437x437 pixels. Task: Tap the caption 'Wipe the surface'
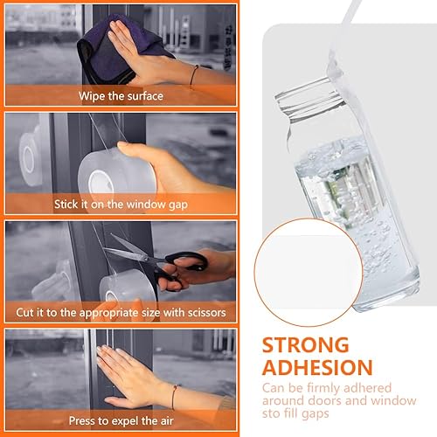[x=121, y=96]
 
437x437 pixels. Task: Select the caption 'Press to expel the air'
[x=121, y=420]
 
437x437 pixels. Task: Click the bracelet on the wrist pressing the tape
[x=174, y=396]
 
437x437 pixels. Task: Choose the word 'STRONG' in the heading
[x=305, y=345]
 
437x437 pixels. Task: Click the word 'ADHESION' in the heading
[x=317, y=367]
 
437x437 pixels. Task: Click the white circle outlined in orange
[x=309, y=272]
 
